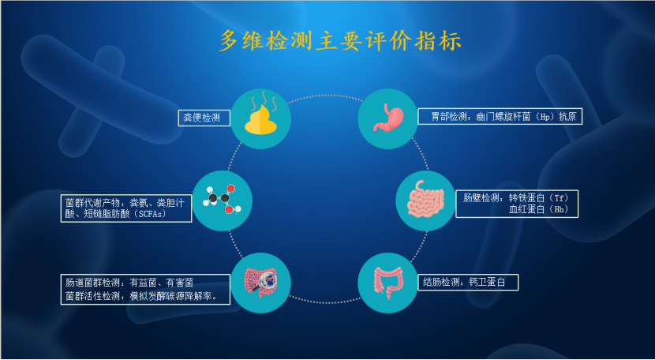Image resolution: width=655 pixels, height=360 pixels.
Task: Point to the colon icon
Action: tap(388, 282)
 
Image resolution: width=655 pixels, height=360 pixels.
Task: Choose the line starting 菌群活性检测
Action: tap(142, 297)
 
